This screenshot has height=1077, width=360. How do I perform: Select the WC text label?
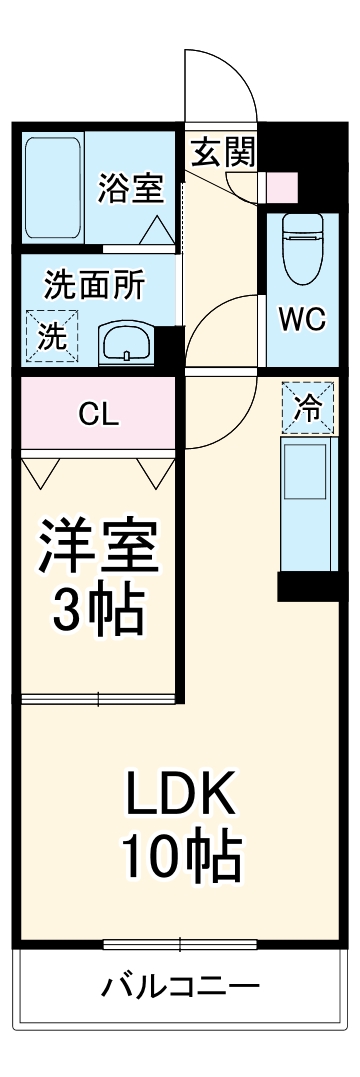301,319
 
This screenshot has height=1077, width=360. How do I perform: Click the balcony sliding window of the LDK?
180,943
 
